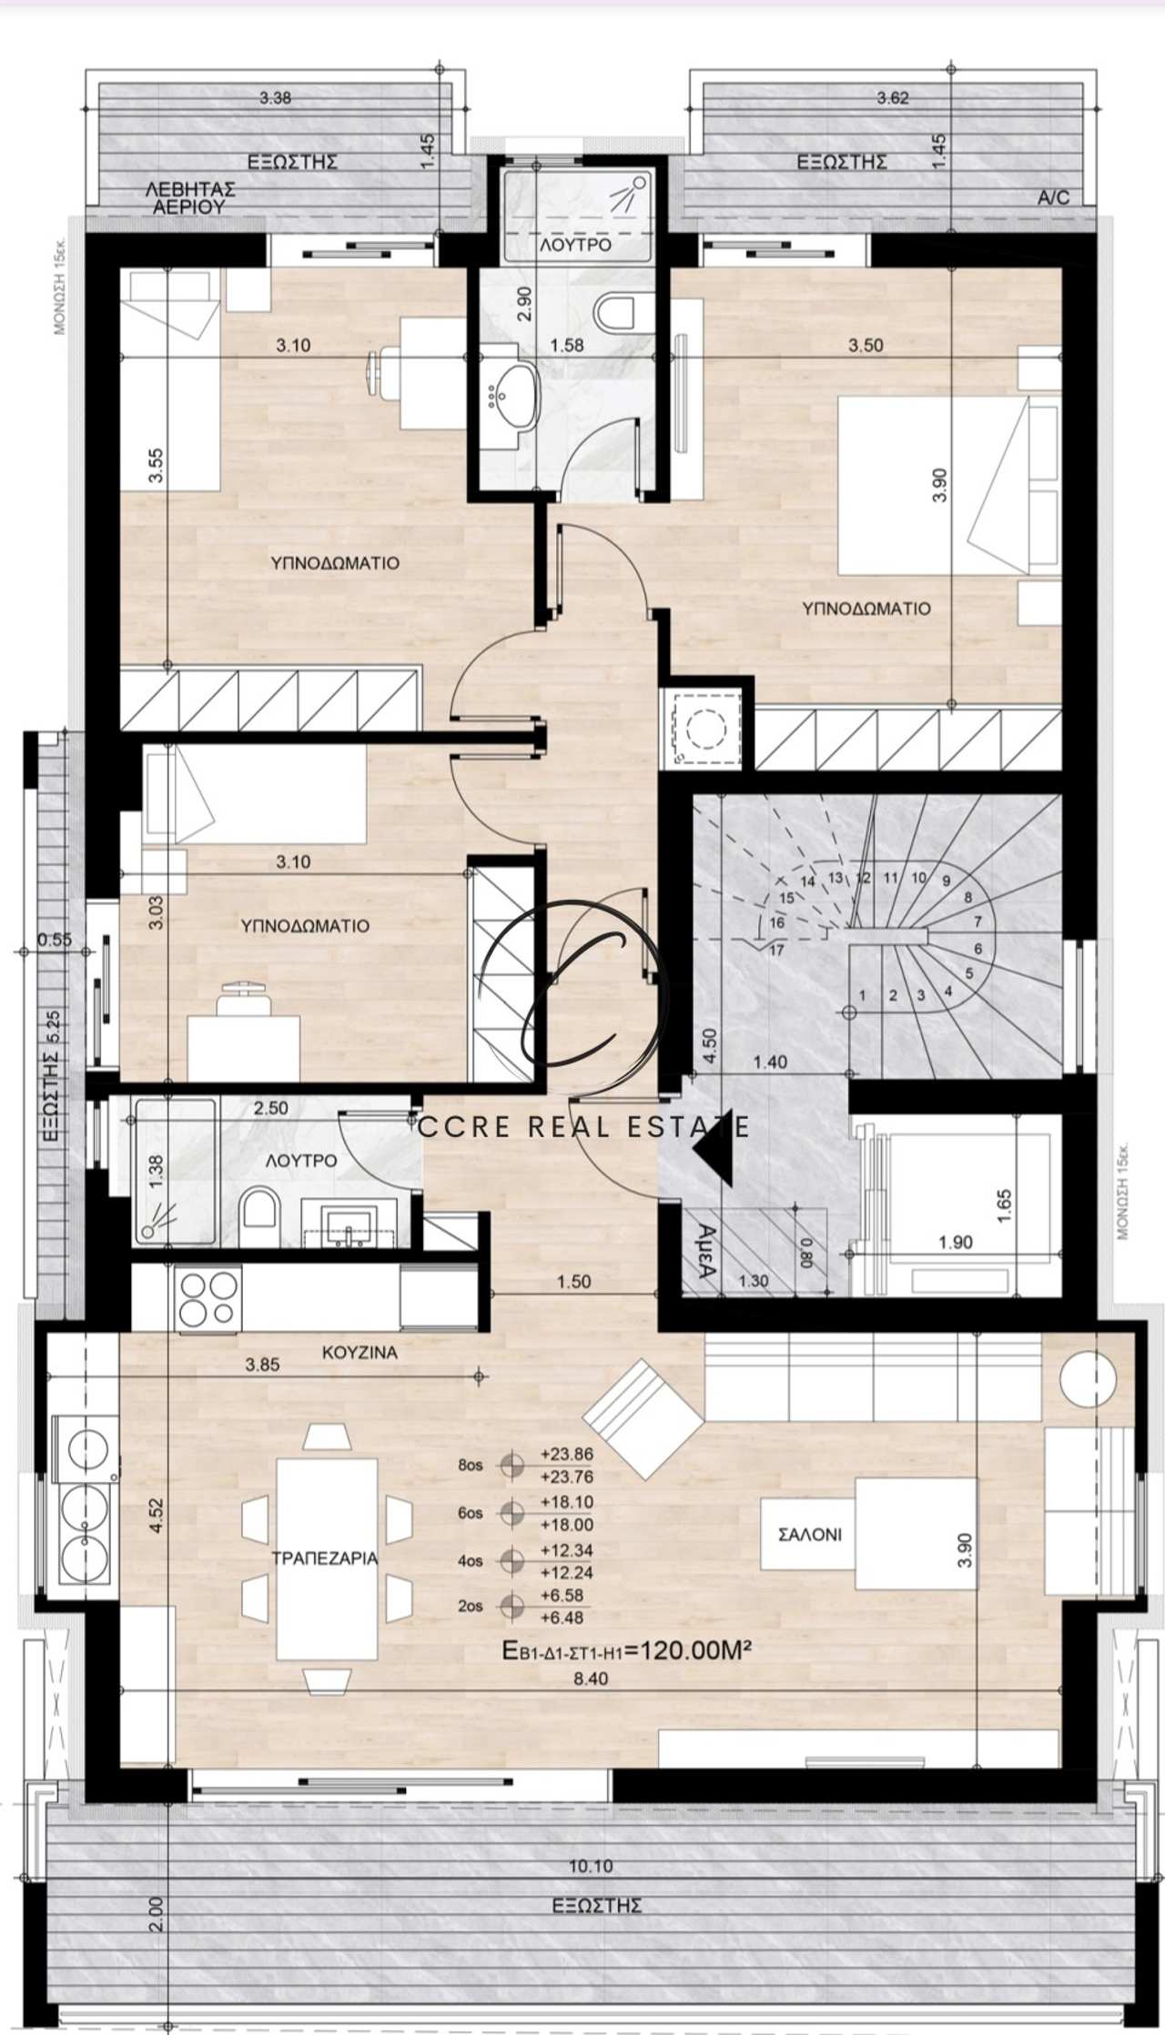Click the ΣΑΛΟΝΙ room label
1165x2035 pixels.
pyautogui.click(x=809, y=1535)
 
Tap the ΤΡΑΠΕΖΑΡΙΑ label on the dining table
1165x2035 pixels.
pyautogui.click(x=324, y=1558)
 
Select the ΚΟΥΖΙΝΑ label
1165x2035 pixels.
pyautogui.click(x=360, y=1353)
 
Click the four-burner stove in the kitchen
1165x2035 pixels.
pyautogui.click(x=209, y=1298)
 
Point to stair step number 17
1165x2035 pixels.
pyautogui.click(x=776, y=951)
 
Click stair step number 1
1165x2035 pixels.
pyautogui.click(x=862, y=995)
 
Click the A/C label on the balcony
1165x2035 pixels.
pyautogui.click(x=1054, y=197)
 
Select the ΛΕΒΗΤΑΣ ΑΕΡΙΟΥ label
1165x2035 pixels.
pyautogui.click(x=190, y=197)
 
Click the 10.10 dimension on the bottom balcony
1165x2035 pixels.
pyautogui.click(x=591, y=1867)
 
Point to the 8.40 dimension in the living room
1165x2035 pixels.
pyautogui.click(x=591, y=1679)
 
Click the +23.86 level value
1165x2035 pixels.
pyautogui.click(x=566, y=1455)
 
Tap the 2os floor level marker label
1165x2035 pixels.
pyautogui.click(x=471, y=1607)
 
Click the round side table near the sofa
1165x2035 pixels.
pyautogui.click(x=1088, y=1379)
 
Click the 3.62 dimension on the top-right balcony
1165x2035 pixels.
pyautogui.click(x=892, y=98)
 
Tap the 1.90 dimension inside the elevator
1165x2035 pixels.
pyautogui.click(x=956, y=1243)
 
